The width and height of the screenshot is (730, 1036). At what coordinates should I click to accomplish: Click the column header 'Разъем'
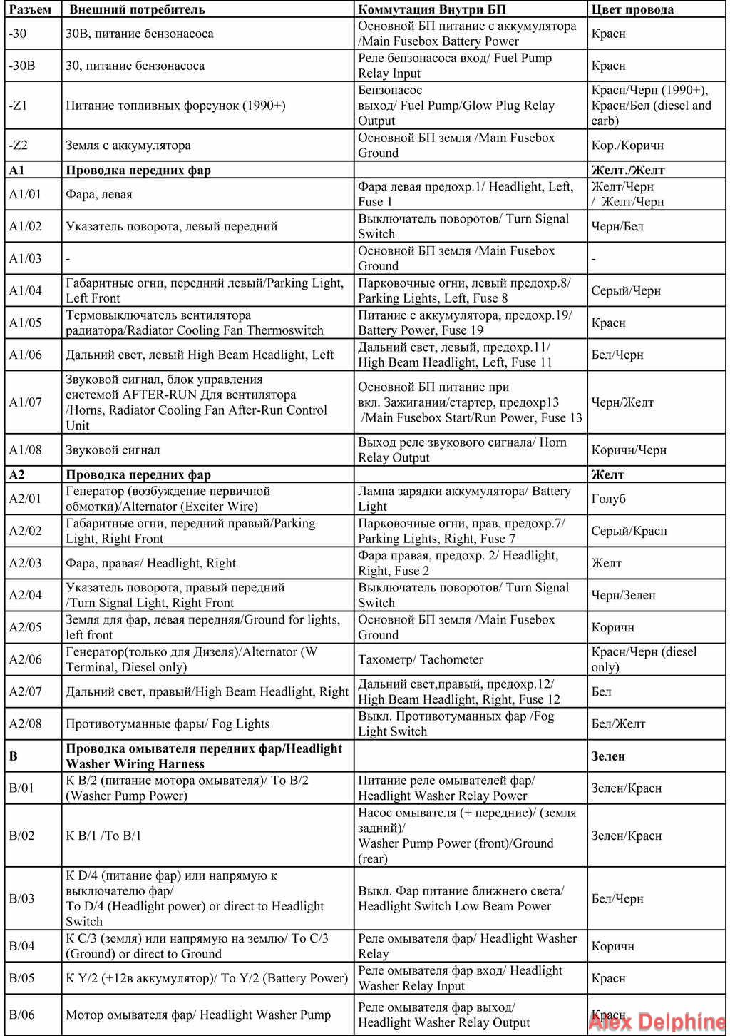30,9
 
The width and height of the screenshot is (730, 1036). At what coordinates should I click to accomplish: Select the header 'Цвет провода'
632,9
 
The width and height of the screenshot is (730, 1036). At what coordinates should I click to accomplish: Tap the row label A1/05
25,323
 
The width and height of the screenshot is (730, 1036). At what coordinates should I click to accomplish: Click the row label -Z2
19,145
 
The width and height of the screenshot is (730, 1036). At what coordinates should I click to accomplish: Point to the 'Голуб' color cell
608,499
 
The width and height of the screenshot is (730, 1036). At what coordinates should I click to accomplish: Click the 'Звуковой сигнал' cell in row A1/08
113,450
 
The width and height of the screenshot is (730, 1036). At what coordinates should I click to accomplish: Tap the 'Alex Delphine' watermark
656,1022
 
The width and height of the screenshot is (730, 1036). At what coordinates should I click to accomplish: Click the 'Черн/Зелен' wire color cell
623,595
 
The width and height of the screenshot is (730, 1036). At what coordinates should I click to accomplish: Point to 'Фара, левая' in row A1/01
98,194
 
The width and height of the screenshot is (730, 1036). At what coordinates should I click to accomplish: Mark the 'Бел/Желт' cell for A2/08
618,723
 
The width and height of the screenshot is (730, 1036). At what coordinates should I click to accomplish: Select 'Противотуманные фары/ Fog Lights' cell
168,723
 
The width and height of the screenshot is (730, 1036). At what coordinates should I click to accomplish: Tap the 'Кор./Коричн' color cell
627,145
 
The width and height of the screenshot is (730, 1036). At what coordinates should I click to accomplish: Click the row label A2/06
25,659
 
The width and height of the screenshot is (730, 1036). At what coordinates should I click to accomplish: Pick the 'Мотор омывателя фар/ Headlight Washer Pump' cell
198,1015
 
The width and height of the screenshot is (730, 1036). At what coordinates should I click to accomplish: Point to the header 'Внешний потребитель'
137,9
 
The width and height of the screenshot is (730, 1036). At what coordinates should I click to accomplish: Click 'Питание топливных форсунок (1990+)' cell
175,106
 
